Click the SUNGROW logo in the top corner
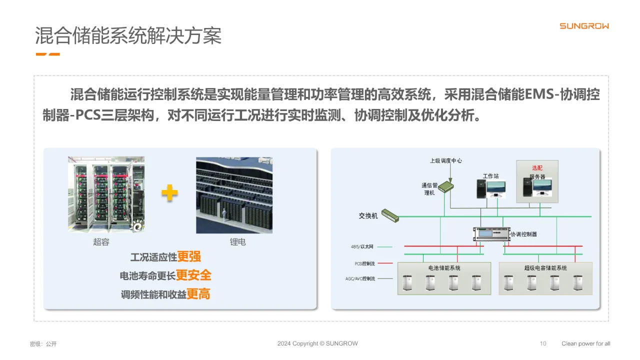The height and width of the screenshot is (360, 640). click(584, 26)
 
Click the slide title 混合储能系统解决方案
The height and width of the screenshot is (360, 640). click(128, 36)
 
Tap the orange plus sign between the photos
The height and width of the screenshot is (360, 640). click(169, 193)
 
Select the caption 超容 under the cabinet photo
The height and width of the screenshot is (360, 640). click(101, 242)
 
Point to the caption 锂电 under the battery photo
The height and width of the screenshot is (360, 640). click(238, 242)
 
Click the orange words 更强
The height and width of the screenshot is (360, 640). click(189, 256)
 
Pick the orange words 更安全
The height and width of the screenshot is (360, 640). click(193, 275)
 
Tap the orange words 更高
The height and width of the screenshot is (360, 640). click(198, 294)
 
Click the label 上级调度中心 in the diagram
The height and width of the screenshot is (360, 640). click(446, 160)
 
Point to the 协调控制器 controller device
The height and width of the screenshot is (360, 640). click(491, 233)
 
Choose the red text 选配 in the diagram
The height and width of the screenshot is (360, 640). click(536, 168)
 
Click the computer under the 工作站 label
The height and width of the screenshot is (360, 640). click(490, 189)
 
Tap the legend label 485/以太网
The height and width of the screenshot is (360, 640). click(362, 246)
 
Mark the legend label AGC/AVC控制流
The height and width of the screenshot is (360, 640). click(360, 278)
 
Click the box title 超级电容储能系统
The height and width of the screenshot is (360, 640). click(545, 268)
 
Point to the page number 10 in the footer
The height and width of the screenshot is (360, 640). click(543, 343)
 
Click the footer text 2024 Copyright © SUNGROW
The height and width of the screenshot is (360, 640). click(317, 343)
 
